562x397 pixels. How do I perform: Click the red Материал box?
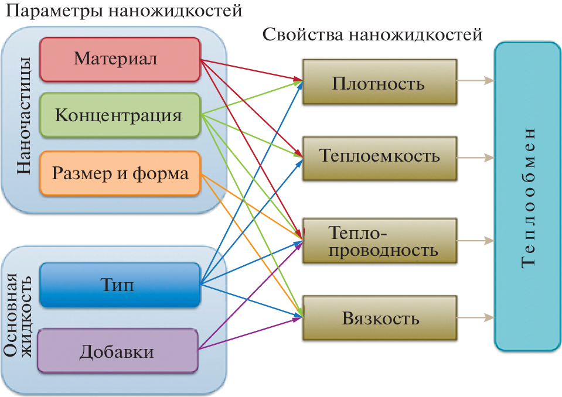point(120,59)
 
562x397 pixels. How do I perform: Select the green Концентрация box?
point(120,115)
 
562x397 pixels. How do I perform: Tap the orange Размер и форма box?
point(120,173)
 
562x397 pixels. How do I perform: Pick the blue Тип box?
point(120,285)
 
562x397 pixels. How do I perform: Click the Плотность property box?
point(379,82)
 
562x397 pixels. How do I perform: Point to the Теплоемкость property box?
point(379,156)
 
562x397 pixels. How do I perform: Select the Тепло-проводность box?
point(379,241)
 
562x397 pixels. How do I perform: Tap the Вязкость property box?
point(379,319)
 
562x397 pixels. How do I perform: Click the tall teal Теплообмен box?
point(527,197)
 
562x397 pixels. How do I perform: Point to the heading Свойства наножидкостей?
point(373,35)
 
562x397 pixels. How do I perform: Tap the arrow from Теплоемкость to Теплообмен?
point(475,157)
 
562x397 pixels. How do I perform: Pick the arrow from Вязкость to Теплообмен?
point(475,319)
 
